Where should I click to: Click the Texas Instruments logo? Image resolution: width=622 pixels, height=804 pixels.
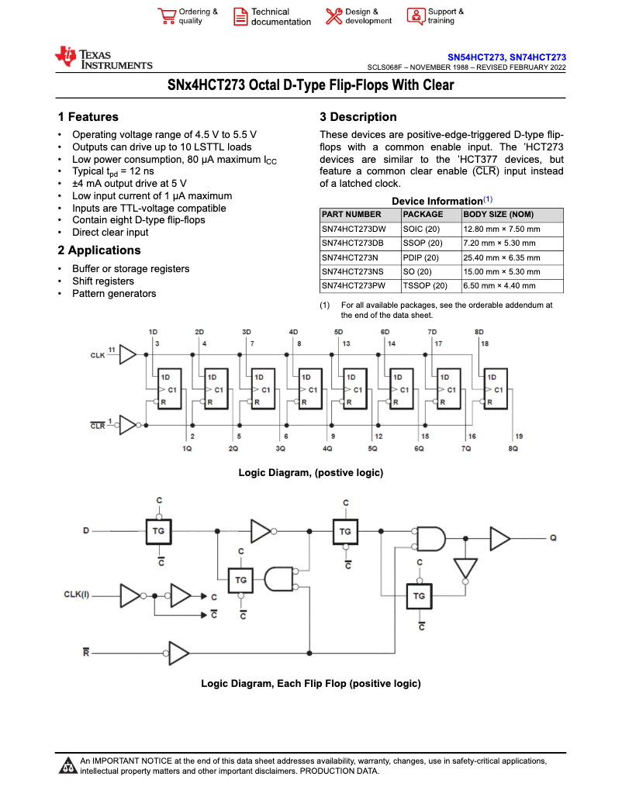[103, 58]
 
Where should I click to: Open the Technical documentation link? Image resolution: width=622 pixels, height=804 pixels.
[272, 17]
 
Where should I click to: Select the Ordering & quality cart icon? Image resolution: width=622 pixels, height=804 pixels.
[167, 17]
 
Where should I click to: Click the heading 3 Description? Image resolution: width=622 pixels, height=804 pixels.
[358, 117]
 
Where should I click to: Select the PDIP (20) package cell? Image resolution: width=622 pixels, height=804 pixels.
[421, 258]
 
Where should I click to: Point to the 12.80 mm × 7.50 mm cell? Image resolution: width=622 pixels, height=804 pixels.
[501, 229]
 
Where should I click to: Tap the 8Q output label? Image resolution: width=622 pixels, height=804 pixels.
[513, 449]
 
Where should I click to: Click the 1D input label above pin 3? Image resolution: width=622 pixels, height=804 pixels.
[153, 332]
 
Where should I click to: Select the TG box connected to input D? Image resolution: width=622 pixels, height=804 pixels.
[158, 531]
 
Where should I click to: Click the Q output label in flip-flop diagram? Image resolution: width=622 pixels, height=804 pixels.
[553, 537]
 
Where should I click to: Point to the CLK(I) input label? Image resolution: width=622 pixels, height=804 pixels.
[77, 595]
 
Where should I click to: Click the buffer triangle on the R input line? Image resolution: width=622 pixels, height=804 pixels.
[178, 653]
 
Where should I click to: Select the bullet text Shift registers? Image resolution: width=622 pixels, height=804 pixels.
[103, 281]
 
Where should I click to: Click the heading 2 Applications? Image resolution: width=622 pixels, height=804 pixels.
[99, 250]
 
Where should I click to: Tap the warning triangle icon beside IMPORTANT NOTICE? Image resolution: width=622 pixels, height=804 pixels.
[67, 766]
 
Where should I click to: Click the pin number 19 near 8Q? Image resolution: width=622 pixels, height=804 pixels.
[518, 437]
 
